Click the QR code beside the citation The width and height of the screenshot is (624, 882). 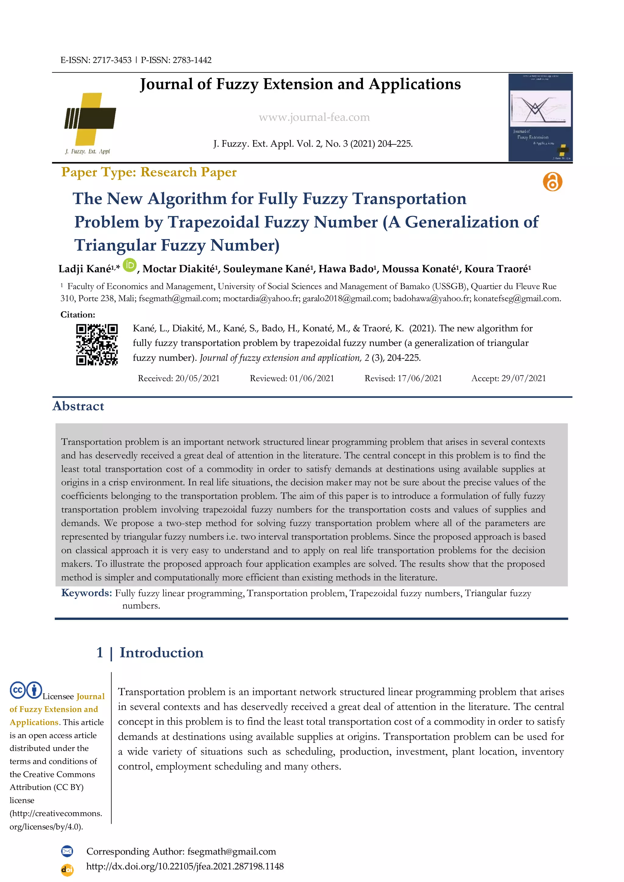click(x=97, y=344)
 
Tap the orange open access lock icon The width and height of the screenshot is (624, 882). click(x=552, y=182)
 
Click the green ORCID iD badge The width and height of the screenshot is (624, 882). click(x=130, y=265)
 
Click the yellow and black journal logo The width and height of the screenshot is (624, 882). click(x=90, y=119)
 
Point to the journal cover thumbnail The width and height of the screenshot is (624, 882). click(x=540, y=117)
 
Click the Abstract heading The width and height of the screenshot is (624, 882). click(x=78, y=406)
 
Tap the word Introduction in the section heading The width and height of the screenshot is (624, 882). click(x=161, y=653)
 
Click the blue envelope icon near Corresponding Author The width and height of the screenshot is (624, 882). click(x=67, y=851)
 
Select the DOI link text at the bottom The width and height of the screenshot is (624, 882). click(x=185, y=866)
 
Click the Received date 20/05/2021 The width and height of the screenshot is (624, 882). click(x=197, y=378)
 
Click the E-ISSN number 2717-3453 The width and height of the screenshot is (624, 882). click(x=112, y=60)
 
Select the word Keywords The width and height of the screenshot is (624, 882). click(x=87, y=593)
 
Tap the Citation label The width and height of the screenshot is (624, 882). click(x=78, y=315)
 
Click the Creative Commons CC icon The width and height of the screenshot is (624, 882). click(x=18, y=690)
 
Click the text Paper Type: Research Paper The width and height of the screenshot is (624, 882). click(x=149, y=172)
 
